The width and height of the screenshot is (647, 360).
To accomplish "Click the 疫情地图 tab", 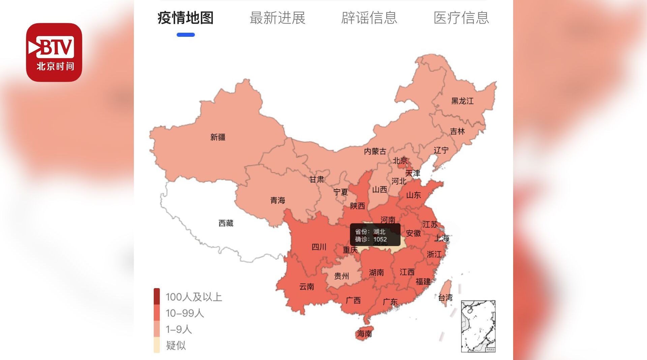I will point(185,18).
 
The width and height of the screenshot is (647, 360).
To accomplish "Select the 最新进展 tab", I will point(277,18).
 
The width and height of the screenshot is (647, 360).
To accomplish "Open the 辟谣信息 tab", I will point(369,18).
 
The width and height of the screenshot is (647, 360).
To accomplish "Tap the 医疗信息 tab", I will point(461,18).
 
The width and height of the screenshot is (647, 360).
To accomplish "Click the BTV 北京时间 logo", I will point(54,52).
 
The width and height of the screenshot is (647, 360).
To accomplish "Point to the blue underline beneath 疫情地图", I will point(185,35).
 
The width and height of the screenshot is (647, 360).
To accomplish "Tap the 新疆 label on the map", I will point(218,137).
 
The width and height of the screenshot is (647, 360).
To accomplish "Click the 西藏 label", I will point(226,223).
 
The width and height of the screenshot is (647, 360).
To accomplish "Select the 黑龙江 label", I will point(462,101).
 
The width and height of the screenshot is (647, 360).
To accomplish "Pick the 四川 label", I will point(319,247).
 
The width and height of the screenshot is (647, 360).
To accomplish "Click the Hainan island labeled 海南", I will point(364,333).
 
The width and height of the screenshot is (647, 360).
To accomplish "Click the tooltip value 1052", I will point(380,239).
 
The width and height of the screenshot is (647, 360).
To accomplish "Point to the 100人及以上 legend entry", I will point(194,297).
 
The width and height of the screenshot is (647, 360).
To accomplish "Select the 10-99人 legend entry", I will point(184,313).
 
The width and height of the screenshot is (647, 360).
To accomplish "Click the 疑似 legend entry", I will point(175,345).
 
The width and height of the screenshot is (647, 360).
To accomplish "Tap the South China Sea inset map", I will point(478,326).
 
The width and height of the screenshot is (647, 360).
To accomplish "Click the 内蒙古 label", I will point(375,151).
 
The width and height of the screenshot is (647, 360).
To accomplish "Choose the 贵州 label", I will point(341,276).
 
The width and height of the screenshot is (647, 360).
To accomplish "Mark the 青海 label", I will point(277,200).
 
